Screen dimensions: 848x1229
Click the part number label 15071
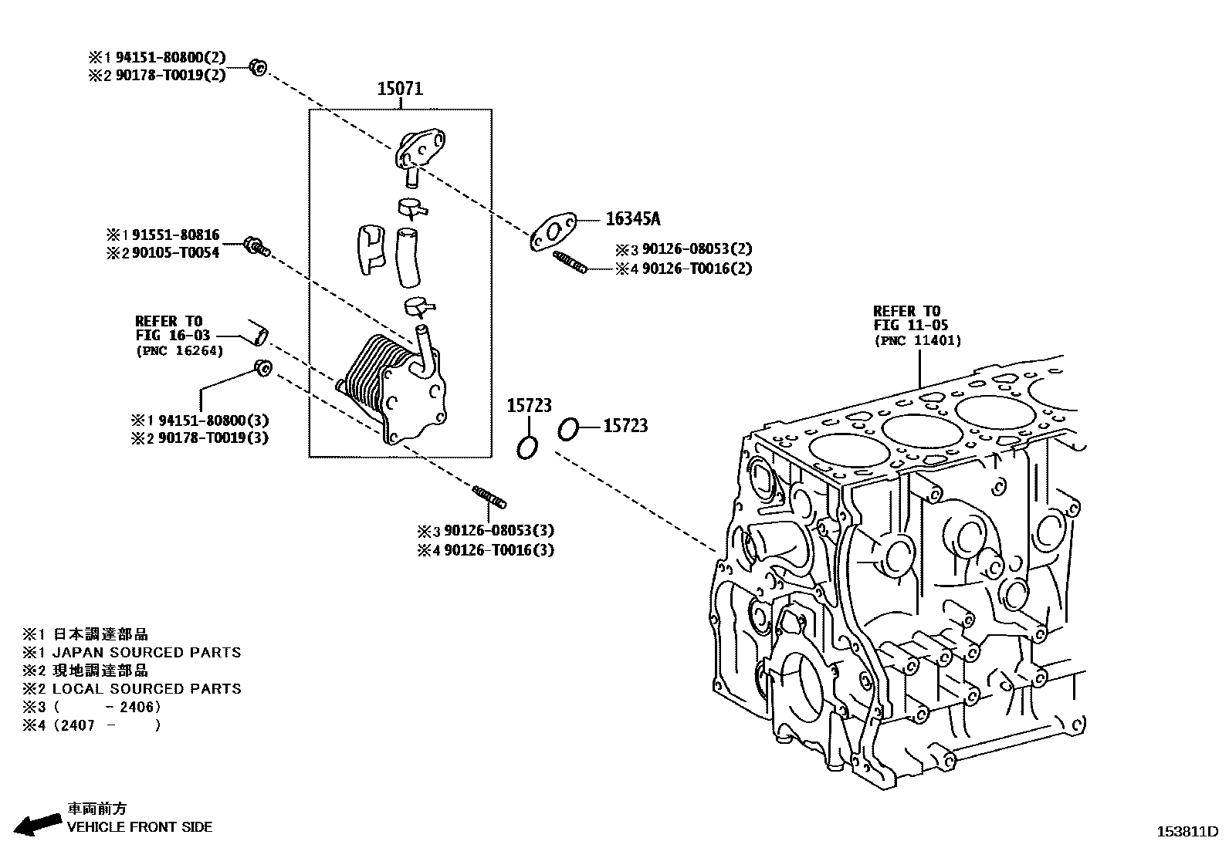(x=400, y=89)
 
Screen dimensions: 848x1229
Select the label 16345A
(x=632, y=219)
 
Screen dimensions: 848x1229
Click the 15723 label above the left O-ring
(x=529, y=406)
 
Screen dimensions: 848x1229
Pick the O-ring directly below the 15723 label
(x=527, y=447)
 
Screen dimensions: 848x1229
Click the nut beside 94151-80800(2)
(x=259, y=68)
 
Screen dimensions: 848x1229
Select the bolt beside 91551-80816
(x=256, y=247)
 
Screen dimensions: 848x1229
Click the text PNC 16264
(x=179, y=351)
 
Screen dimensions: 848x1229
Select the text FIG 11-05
(x=911, y=325)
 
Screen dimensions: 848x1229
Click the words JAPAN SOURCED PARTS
(x=147, y=653)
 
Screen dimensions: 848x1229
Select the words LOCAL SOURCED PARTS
(x=147, y=689)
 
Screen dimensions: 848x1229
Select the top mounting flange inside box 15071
(x=420, y=149)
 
